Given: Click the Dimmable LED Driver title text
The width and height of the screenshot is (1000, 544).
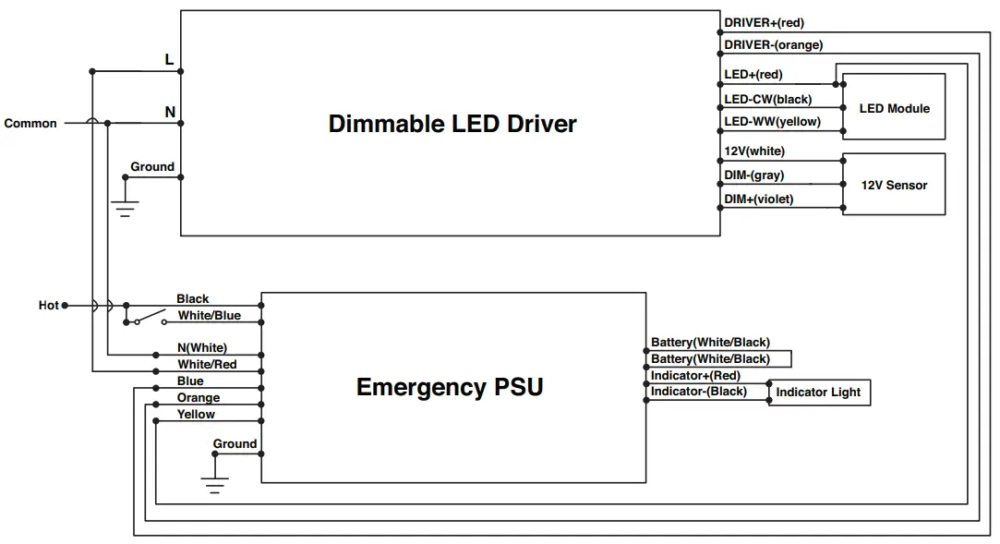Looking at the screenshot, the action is click(452, 124).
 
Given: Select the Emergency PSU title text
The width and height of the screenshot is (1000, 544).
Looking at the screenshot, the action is click(450, 387).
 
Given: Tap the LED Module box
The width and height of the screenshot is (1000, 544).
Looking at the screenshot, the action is click(894, 106).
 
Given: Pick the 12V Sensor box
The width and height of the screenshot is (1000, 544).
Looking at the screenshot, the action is click(894, 185).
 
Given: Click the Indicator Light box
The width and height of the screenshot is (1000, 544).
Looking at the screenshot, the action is click(819, 393).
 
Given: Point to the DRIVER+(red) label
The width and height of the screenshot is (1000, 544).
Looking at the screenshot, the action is click(764, 23).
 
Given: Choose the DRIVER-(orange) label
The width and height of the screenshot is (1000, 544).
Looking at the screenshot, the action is click(774, 45).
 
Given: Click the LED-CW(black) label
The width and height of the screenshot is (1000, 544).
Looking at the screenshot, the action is click(768, 100).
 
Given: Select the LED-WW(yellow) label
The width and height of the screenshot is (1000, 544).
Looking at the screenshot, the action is click(772, 122).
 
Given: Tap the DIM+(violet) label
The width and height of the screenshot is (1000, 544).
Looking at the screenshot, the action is click(759, 199).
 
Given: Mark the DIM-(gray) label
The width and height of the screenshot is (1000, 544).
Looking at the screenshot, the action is click(753, 175).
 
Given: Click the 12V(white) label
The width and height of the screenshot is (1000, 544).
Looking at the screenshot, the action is click(754, 151).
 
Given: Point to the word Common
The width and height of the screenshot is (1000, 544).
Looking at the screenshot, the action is click(30, 123).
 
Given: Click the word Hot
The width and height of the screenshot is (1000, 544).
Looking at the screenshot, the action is click(48, 306).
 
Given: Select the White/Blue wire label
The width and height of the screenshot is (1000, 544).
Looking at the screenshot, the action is click(210, 316).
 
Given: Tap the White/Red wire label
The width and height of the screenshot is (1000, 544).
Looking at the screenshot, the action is click(207, 365).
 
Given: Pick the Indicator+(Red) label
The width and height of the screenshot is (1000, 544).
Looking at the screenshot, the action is click(696, 376).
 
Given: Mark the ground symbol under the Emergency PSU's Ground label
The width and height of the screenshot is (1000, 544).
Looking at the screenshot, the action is click(215, 485).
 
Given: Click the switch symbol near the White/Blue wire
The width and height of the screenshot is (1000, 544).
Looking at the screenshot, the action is click(151, 318).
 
